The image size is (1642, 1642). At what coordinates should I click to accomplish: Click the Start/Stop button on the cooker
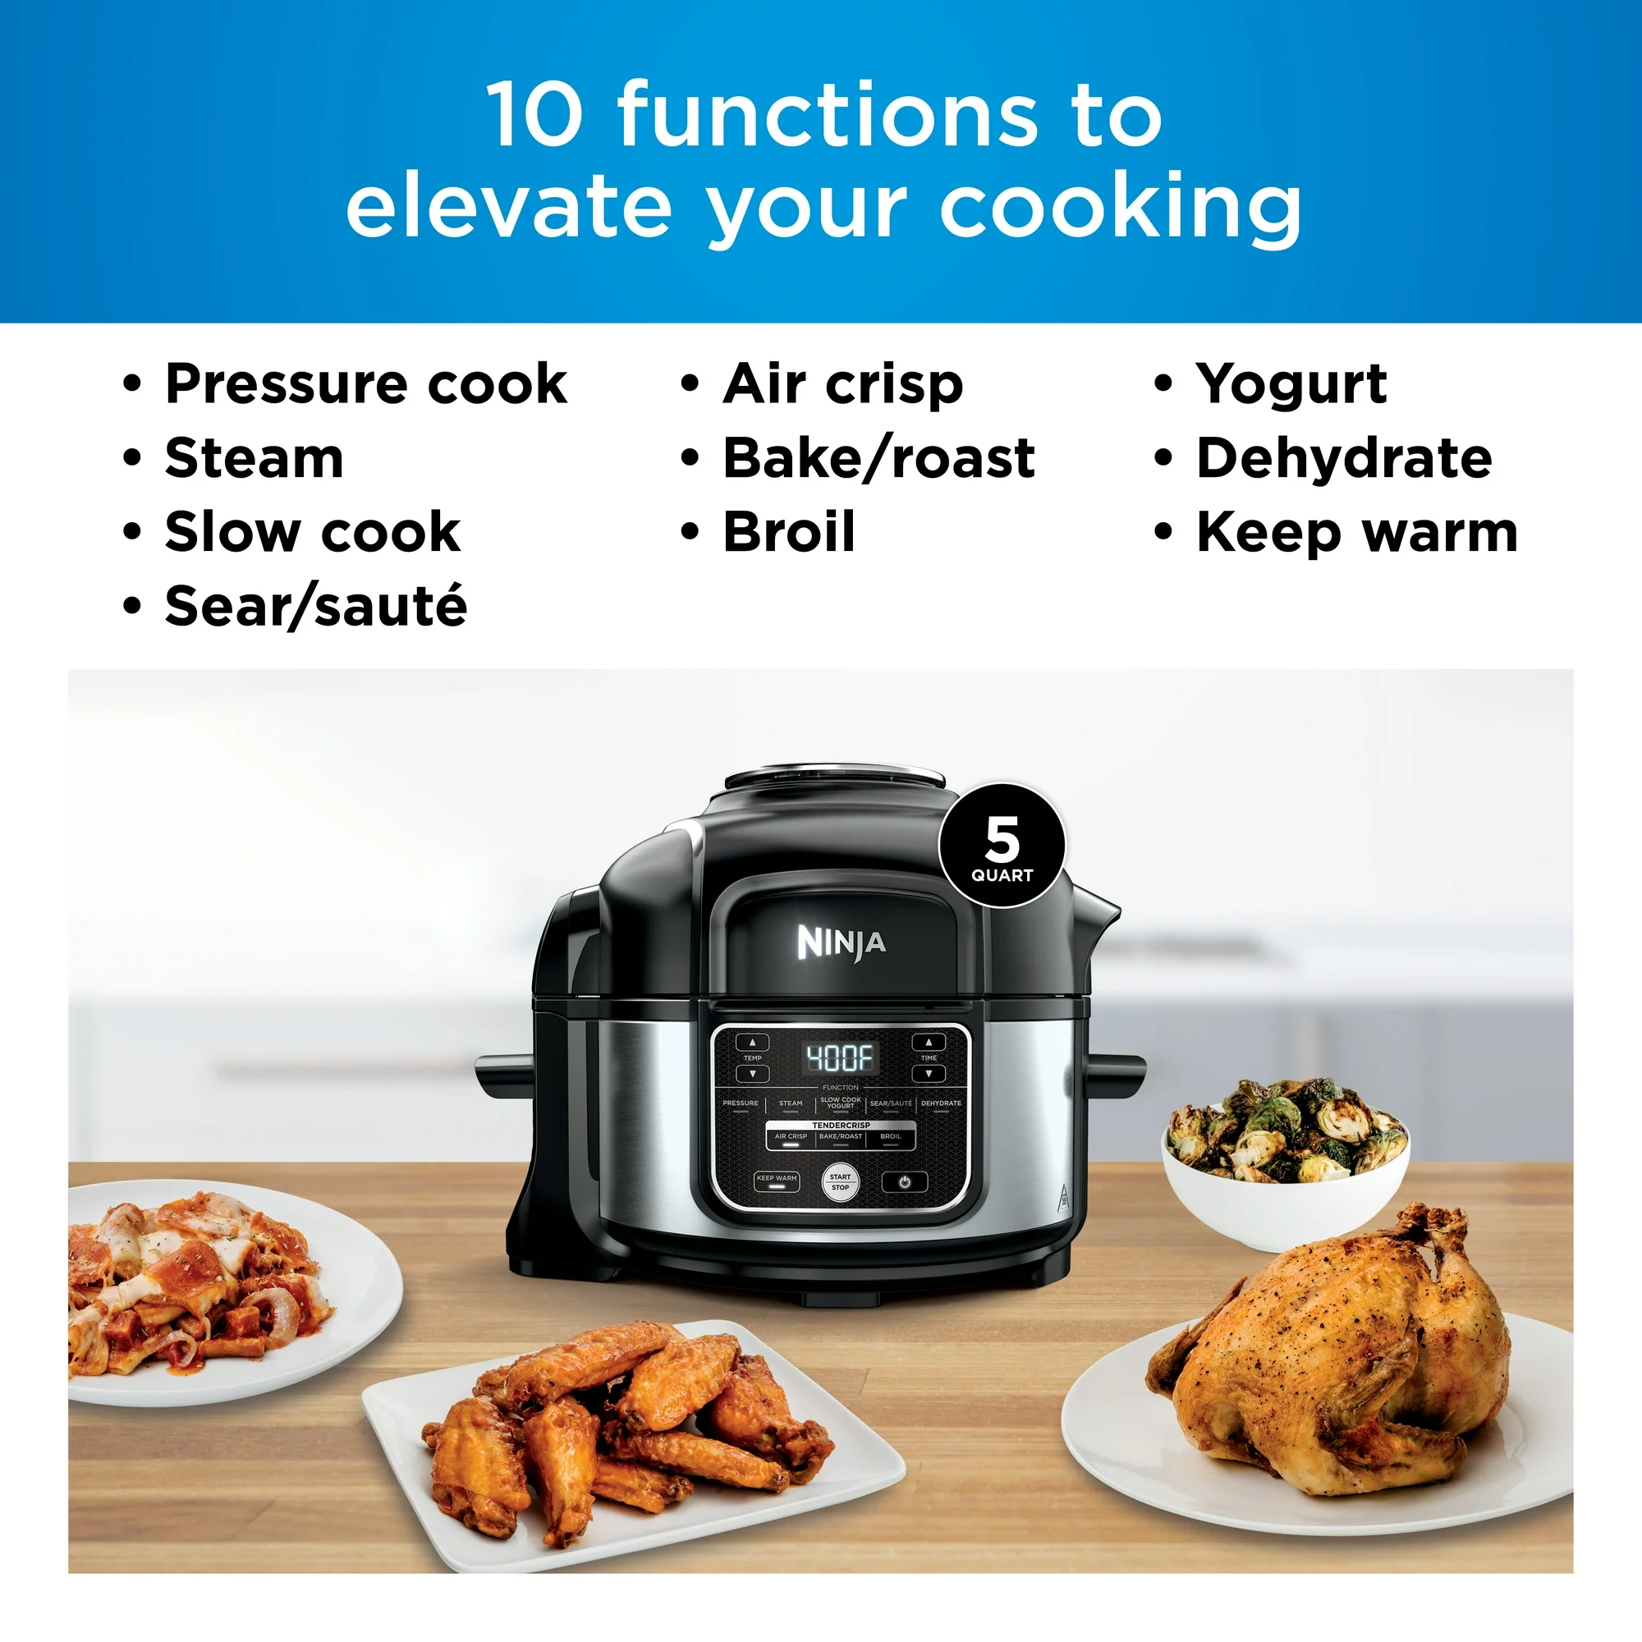(x=840, y=1182)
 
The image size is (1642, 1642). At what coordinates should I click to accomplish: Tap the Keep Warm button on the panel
(x=777, y=1181)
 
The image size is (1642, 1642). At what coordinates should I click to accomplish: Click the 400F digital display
(x=840, y=1057)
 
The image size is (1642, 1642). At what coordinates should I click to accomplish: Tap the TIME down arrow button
(x=928, y=1073)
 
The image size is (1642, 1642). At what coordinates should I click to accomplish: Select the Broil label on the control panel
(x=891, y=1136)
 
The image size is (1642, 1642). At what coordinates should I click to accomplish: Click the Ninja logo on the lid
(x=841, y=943)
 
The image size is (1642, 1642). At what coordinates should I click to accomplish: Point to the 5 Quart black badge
(x=1002, y=846)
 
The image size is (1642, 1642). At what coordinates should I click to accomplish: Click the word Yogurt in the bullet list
(x=1291, y=385)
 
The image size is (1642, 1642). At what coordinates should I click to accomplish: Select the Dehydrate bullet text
(x=1344, y=458)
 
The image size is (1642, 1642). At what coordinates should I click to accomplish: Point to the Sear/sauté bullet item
(x=316, y=607)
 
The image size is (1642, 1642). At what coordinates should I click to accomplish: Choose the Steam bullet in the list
(x=255, y=458)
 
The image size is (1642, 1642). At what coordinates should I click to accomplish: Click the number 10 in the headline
(x=534, y=114)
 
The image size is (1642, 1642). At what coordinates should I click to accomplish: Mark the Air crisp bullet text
(x=843, y=385)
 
